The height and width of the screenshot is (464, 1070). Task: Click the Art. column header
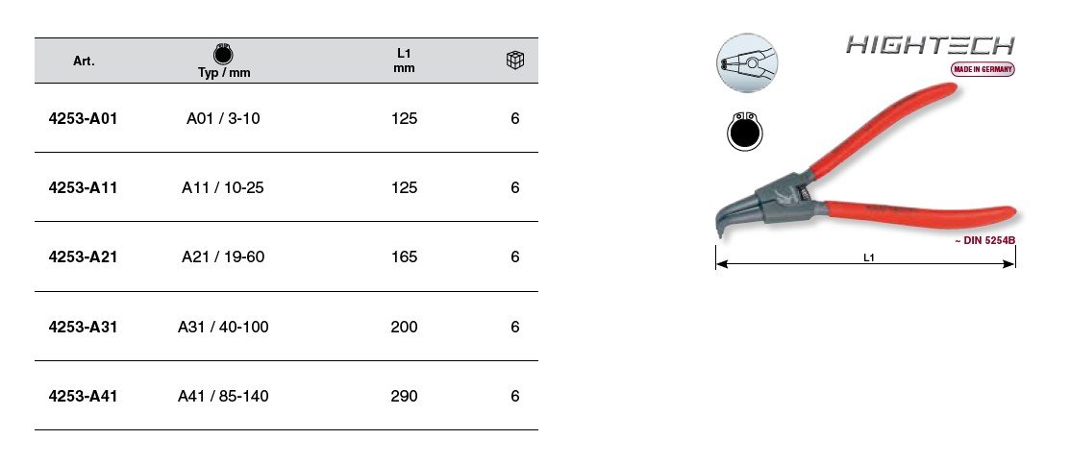84,61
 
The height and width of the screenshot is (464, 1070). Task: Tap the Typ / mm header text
224,73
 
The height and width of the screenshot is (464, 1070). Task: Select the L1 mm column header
404,61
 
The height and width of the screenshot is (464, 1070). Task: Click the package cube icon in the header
515,61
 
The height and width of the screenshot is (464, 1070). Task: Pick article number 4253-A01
84,119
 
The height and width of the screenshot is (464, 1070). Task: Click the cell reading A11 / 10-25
222,187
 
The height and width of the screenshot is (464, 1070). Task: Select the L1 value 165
404,257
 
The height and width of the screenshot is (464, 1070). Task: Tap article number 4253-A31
84,327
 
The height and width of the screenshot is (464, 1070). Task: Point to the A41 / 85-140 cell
223,397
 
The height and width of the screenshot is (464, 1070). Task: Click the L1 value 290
404,397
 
